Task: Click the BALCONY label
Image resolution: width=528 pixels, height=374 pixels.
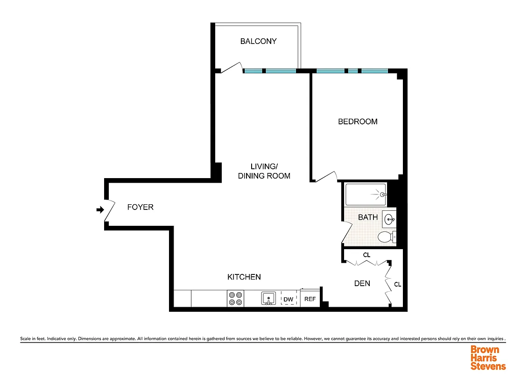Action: (258, 41)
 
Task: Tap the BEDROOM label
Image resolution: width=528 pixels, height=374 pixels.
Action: (358, 122)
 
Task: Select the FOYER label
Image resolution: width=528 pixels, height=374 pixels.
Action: (140, 207)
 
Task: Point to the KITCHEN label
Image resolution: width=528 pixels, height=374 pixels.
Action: (244, 277)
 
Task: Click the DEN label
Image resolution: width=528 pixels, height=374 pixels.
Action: (362, 283)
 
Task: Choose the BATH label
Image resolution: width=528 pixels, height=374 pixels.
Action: (368, 217)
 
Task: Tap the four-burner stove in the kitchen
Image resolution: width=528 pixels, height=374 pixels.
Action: (235, 299)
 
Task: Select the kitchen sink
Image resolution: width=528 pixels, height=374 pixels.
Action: (268, 298)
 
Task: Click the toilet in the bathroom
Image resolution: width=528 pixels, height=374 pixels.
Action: (386, 237)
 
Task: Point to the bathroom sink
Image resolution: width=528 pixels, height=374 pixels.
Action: (389, 218)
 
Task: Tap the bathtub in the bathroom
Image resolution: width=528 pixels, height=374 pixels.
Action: (366, 194)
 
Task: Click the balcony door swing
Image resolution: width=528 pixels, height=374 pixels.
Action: (232, 68)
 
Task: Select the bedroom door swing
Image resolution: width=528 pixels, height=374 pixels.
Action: (326, 177)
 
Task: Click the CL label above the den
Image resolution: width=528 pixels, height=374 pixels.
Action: (367, 255)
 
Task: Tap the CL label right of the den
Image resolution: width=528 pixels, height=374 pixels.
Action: (397, 284)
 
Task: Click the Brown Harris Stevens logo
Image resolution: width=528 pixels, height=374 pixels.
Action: (488, 358)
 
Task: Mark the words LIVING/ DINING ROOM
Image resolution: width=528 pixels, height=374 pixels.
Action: (264, 171)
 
